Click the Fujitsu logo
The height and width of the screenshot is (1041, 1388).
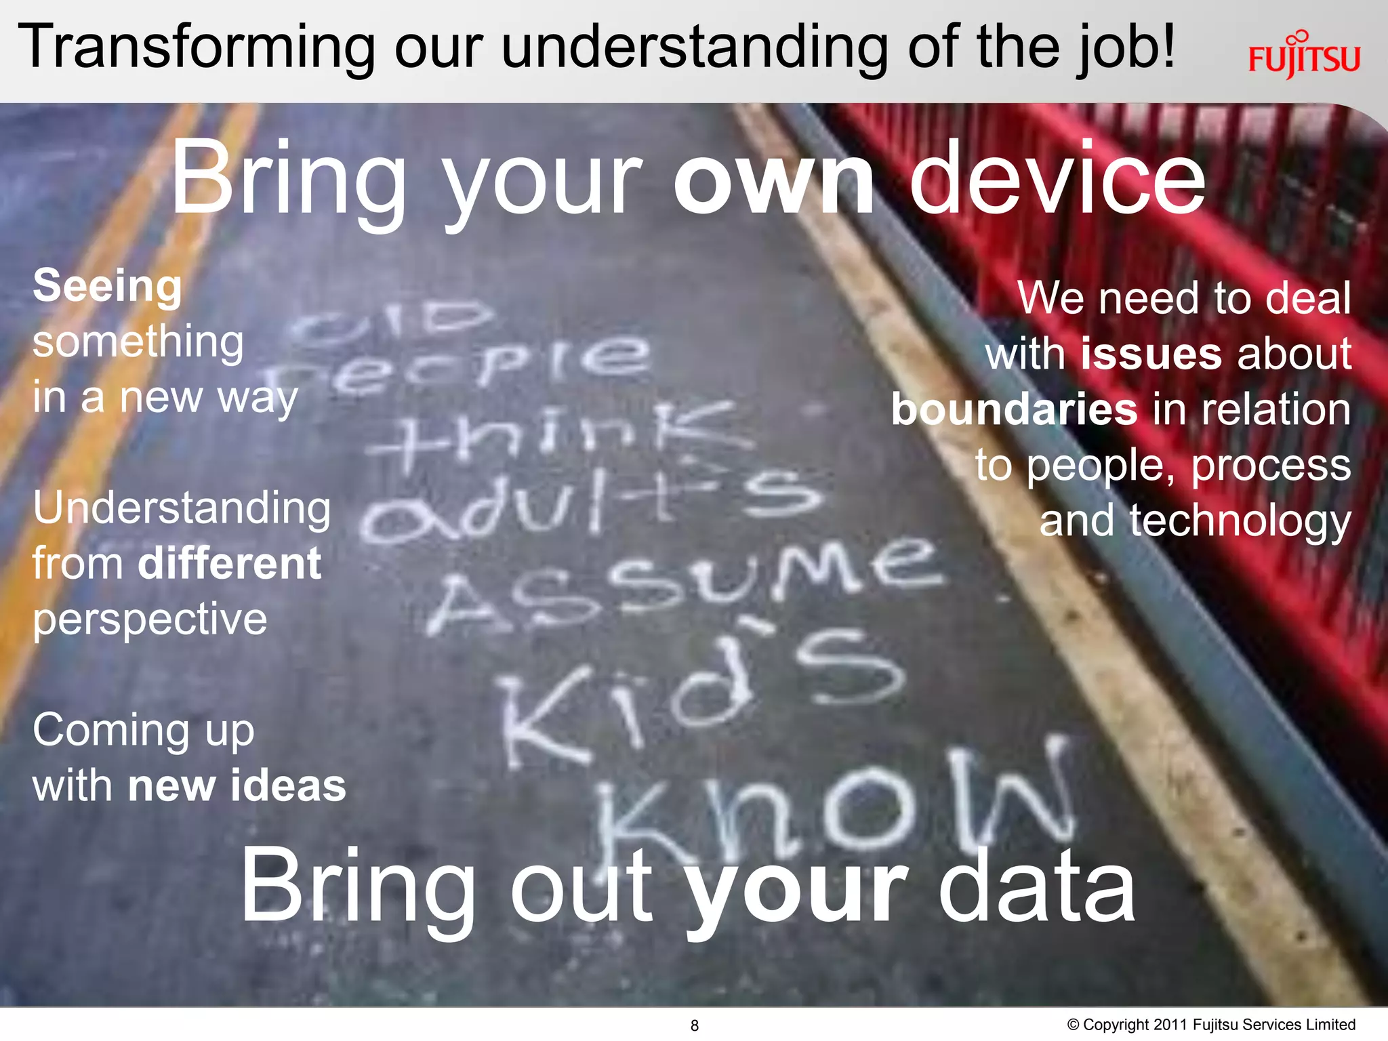[x=1304, y=56]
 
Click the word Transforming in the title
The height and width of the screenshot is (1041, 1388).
[x=197, y=47]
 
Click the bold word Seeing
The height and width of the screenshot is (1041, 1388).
[x=108, y=286]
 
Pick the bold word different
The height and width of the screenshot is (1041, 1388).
[x=229, y=563]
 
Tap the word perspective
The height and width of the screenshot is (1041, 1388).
[x=150, y=620]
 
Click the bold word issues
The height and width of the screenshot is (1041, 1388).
[x=1151, y=354]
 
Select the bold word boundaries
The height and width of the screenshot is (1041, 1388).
[x=1014, y=409]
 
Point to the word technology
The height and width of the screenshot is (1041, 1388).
[x=1240, y=522]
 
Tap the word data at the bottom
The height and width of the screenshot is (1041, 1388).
[x=1037, y=888]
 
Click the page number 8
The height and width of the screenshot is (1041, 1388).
[x=694, y=1025]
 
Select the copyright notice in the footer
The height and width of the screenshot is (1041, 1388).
[x=1211, y=1025]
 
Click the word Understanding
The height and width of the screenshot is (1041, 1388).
[x=182, y=508]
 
